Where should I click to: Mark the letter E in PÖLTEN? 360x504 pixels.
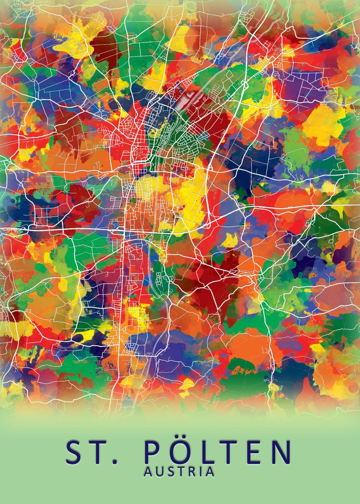coord(256,452)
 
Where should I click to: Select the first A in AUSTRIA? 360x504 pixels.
coord(148,472)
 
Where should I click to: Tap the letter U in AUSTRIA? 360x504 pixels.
coord(158,472)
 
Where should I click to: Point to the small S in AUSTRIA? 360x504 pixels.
coord(169,472)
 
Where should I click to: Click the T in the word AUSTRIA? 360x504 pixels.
coord(179,472)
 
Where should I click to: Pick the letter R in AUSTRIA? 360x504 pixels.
coord(190,472)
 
